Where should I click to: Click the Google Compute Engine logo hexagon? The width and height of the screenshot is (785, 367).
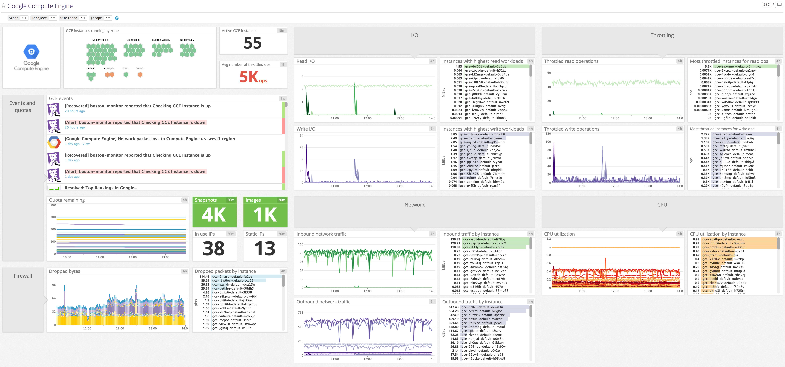click(31, 51)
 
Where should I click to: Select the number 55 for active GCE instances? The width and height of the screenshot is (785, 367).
click(253, 43)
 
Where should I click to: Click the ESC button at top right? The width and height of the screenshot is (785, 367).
click(766, 5)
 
